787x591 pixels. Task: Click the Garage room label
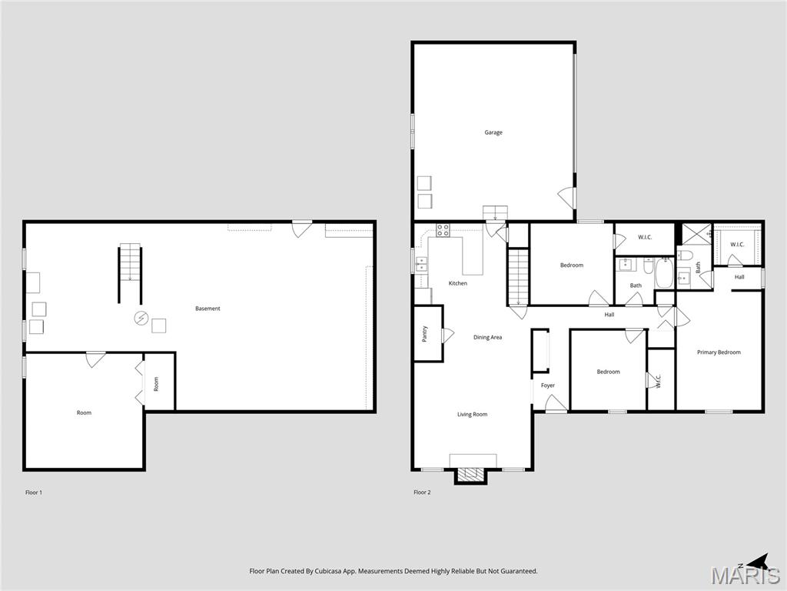[x=493, y=132]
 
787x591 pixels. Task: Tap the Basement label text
[x=208, y=309]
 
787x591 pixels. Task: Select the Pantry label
[x=424, y=334]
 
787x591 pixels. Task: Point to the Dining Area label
[x=487, y=337]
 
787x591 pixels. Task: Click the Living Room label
[x=473, y=415]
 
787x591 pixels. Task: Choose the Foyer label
[x=548, y=386]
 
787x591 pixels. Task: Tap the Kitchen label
[x=458, y=283]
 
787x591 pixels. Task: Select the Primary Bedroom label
[x=719, y=352]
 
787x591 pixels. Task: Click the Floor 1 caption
[x=34, y=492]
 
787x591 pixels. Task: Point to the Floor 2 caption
[x=422, y=492]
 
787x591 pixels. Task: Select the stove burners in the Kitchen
[x=443, y=229]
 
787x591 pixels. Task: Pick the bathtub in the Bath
[x=664, y=273]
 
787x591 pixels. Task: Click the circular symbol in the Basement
[x=141, y=318]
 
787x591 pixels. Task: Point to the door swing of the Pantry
[x=448, y=335]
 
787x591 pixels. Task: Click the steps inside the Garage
[x=495, y=213]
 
